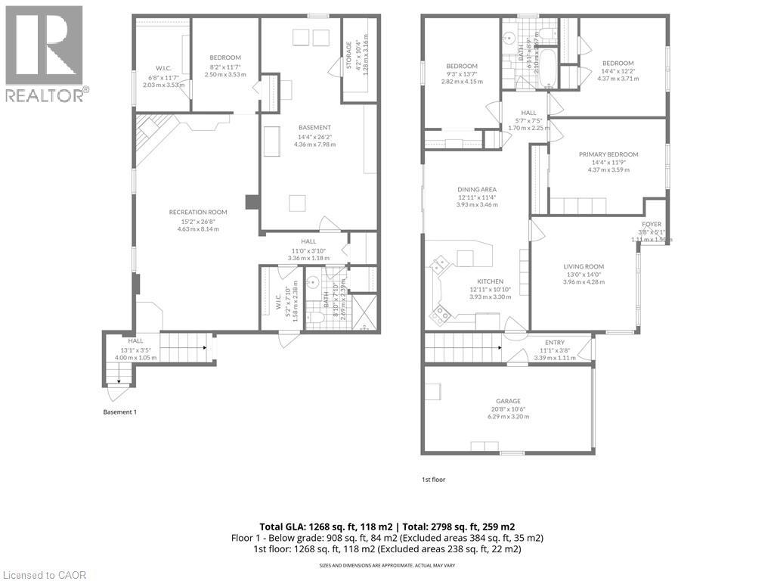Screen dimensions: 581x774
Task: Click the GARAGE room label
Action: click(x=508, y=401)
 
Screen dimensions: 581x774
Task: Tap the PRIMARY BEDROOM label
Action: click(x=608, y=154)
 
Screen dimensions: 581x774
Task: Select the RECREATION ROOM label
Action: click(x=198, y=212)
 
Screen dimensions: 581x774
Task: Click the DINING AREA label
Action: click(x=476, y=189)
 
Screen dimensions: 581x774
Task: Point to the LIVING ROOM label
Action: click(x=584, y=266)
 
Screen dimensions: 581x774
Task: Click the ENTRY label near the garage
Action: click(x=555, y=343)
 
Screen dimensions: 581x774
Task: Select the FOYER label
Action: click(x=652, y=225)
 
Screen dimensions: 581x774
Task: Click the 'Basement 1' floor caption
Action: click(x=119, y=412)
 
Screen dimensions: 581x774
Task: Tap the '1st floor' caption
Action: click(x=434, y=479)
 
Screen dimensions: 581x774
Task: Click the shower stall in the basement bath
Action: click(x=364, y=312)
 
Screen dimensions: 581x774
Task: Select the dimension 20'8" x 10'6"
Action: click(x=508, y=409)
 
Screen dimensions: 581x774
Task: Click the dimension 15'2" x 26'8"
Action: click(x=198, y=220)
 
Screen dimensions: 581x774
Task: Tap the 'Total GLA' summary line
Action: click(x=387, y=526)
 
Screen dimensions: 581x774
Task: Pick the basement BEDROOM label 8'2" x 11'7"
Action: click(x=225, y=57)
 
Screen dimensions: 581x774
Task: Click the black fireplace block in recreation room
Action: click(x=252, y=202)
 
